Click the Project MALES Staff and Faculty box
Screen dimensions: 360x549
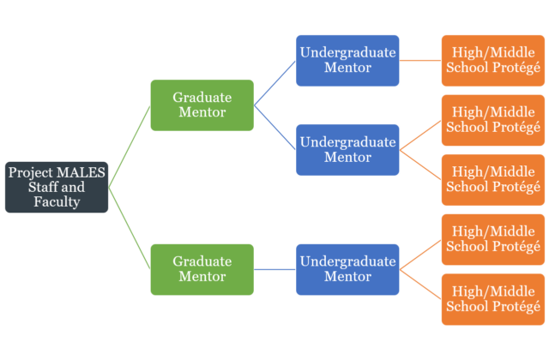pos(57,187)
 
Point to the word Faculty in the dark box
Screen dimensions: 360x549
pos(57,202)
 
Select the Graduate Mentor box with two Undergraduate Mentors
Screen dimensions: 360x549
pos(202,105)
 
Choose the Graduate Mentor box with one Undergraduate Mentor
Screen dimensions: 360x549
pos(202,269)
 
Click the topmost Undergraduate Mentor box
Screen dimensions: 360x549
pos(347,60)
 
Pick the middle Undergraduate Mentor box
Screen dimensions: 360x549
pos(347,149)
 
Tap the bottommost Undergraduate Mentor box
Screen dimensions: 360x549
pos(347,269)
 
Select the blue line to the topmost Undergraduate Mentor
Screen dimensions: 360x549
pos(274,83)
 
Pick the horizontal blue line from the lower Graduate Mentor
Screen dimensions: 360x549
pos(274,269)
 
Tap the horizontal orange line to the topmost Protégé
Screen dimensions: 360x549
pos(420,60)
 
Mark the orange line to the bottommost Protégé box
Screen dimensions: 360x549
pos(420,285)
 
